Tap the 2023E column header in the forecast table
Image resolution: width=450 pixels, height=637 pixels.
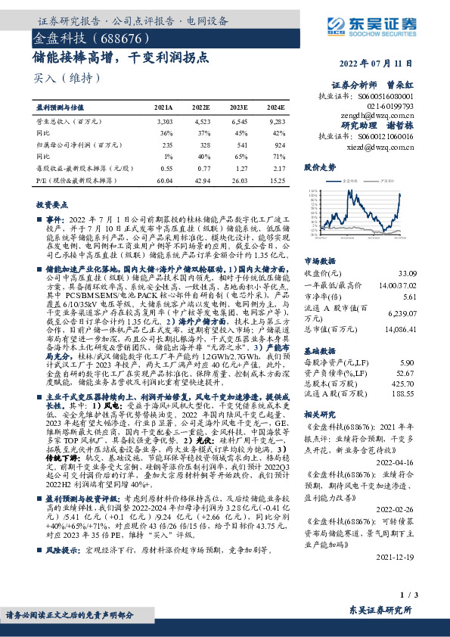240,109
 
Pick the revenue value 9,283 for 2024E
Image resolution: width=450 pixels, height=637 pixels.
276,121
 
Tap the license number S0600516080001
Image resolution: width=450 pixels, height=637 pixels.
387,98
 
